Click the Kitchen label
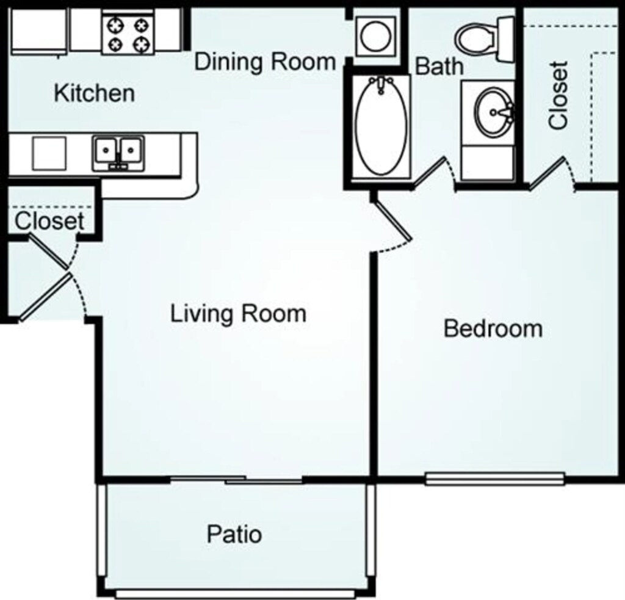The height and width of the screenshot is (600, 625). [x=94, y=93]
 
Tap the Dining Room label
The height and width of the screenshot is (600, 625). [x=265, y=62]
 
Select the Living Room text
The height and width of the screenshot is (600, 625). [x=237, y=314]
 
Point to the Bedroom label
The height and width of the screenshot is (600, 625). [x=493, y=328]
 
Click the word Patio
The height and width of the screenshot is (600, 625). [x=234, y=534]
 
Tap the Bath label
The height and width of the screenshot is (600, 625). [x=439, y=66]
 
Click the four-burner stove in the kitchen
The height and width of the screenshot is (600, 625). [x=127, y=34]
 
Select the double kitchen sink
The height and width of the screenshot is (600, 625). [x=118, y=151]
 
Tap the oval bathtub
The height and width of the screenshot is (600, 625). [x=381, y=127]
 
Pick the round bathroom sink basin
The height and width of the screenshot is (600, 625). [x=494, y=112]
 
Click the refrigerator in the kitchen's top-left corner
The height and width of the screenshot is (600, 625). [x=38, y=30]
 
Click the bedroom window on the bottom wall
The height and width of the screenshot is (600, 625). [x=494, y=478]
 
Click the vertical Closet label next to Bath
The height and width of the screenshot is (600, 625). [x=558, y=95]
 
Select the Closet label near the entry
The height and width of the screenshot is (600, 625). [x=49, y=220]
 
